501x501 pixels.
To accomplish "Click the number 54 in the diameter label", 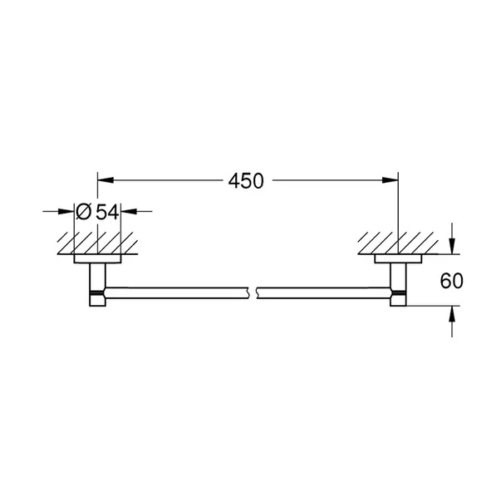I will click(x=107, y=212).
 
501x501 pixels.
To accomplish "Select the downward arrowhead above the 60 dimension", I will click(x=451, y=246).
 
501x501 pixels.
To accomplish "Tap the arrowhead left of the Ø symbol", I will click(x=70, y=212).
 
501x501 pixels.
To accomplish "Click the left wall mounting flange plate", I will click(x=98, y=259).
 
